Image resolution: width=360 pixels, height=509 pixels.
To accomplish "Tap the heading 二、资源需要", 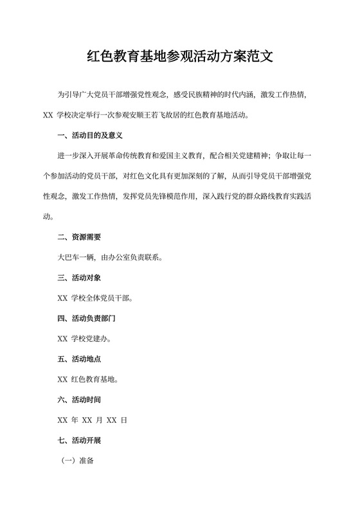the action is click(79, 237).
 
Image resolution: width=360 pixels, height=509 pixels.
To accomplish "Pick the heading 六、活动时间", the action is click(79, 399).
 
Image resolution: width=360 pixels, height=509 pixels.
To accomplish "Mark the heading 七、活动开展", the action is click(79, 440).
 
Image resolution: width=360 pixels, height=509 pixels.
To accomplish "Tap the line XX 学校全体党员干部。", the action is click(96, 298).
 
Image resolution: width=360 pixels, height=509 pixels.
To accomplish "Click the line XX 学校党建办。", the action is click(87, 339).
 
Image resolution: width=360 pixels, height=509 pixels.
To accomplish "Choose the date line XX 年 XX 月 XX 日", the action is click(93, 420).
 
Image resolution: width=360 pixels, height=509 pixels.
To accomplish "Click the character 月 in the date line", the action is click(99, 420).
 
